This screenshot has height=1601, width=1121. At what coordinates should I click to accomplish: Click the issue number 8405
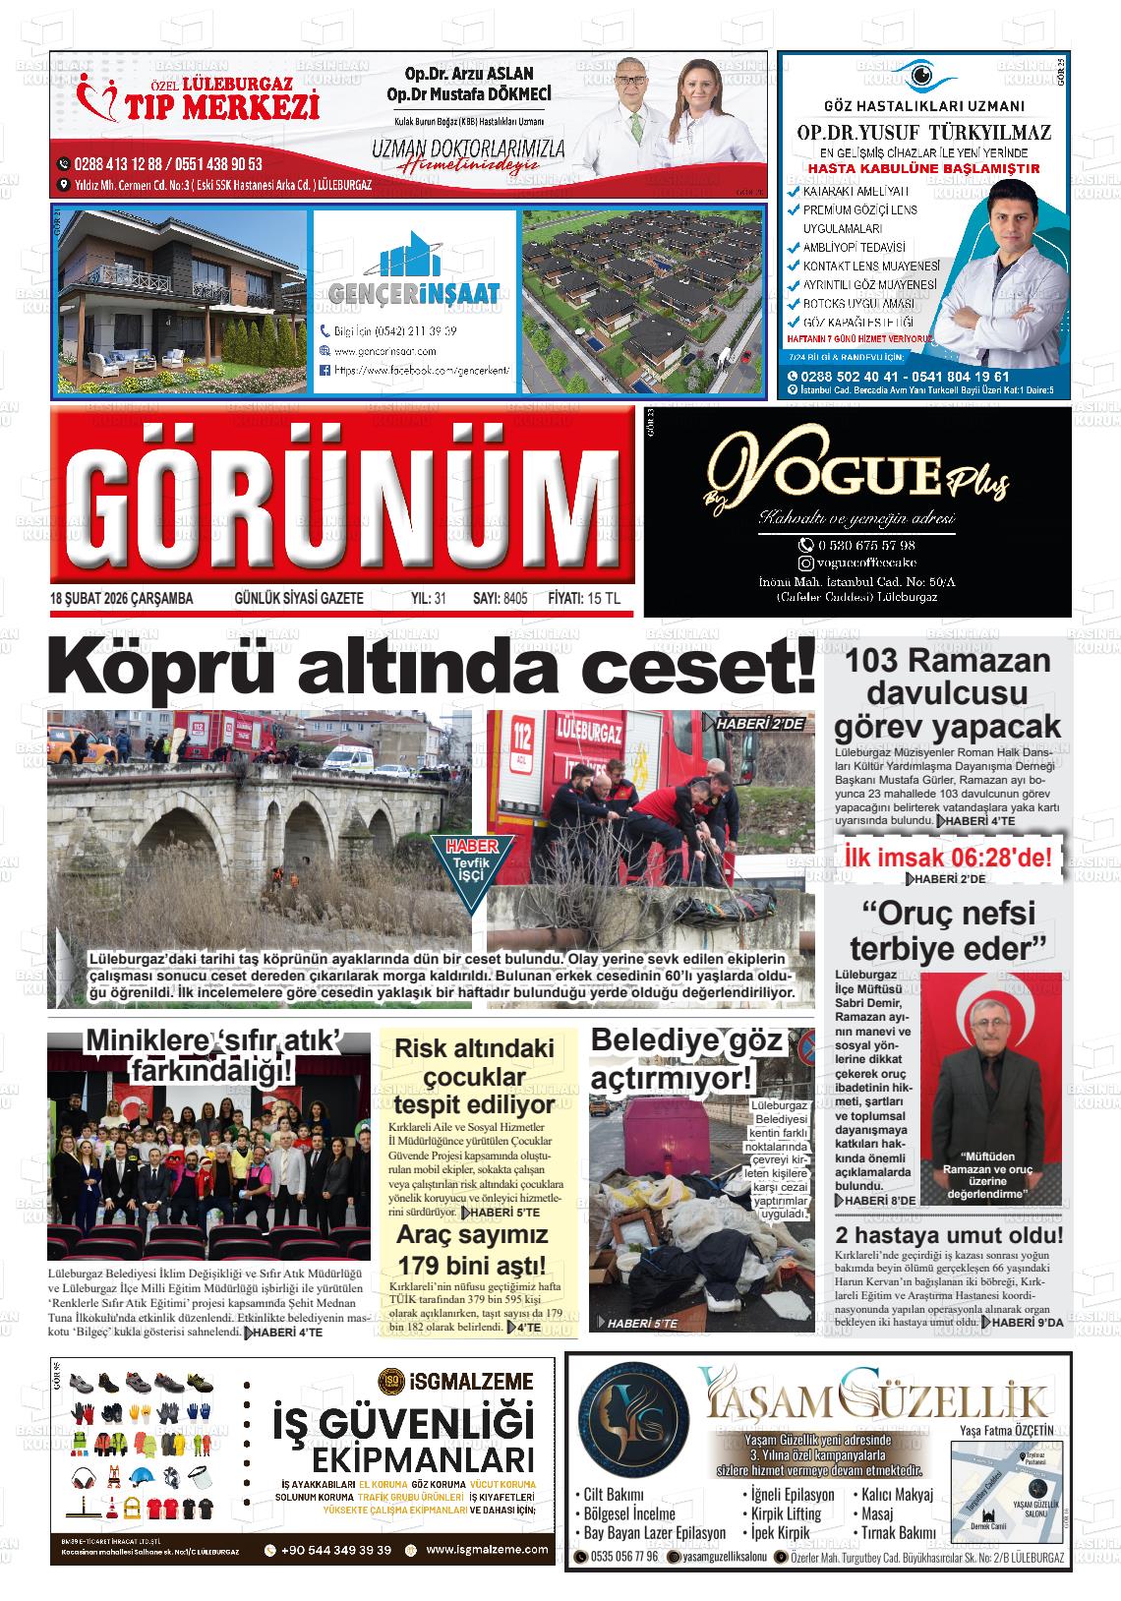514,599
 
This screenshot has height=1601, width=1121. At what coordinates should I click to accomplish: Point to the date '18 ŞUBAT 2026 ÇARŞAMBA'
121,599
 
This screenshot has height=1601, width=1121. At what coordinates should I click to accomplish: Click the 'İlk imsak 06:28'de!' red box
948,857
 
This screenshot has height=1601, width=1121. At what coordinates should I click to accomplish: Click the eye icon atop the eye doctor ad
921,75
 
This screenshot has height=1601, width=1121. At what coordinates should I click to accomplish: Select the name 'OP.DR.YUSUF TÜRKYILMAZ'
923,133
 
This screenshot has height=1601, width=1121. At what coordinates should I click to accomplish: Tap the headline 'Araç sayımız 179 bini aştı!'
470,1249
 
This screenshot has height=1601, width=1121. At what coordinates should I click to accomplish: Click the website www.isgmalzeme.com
488,1550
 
